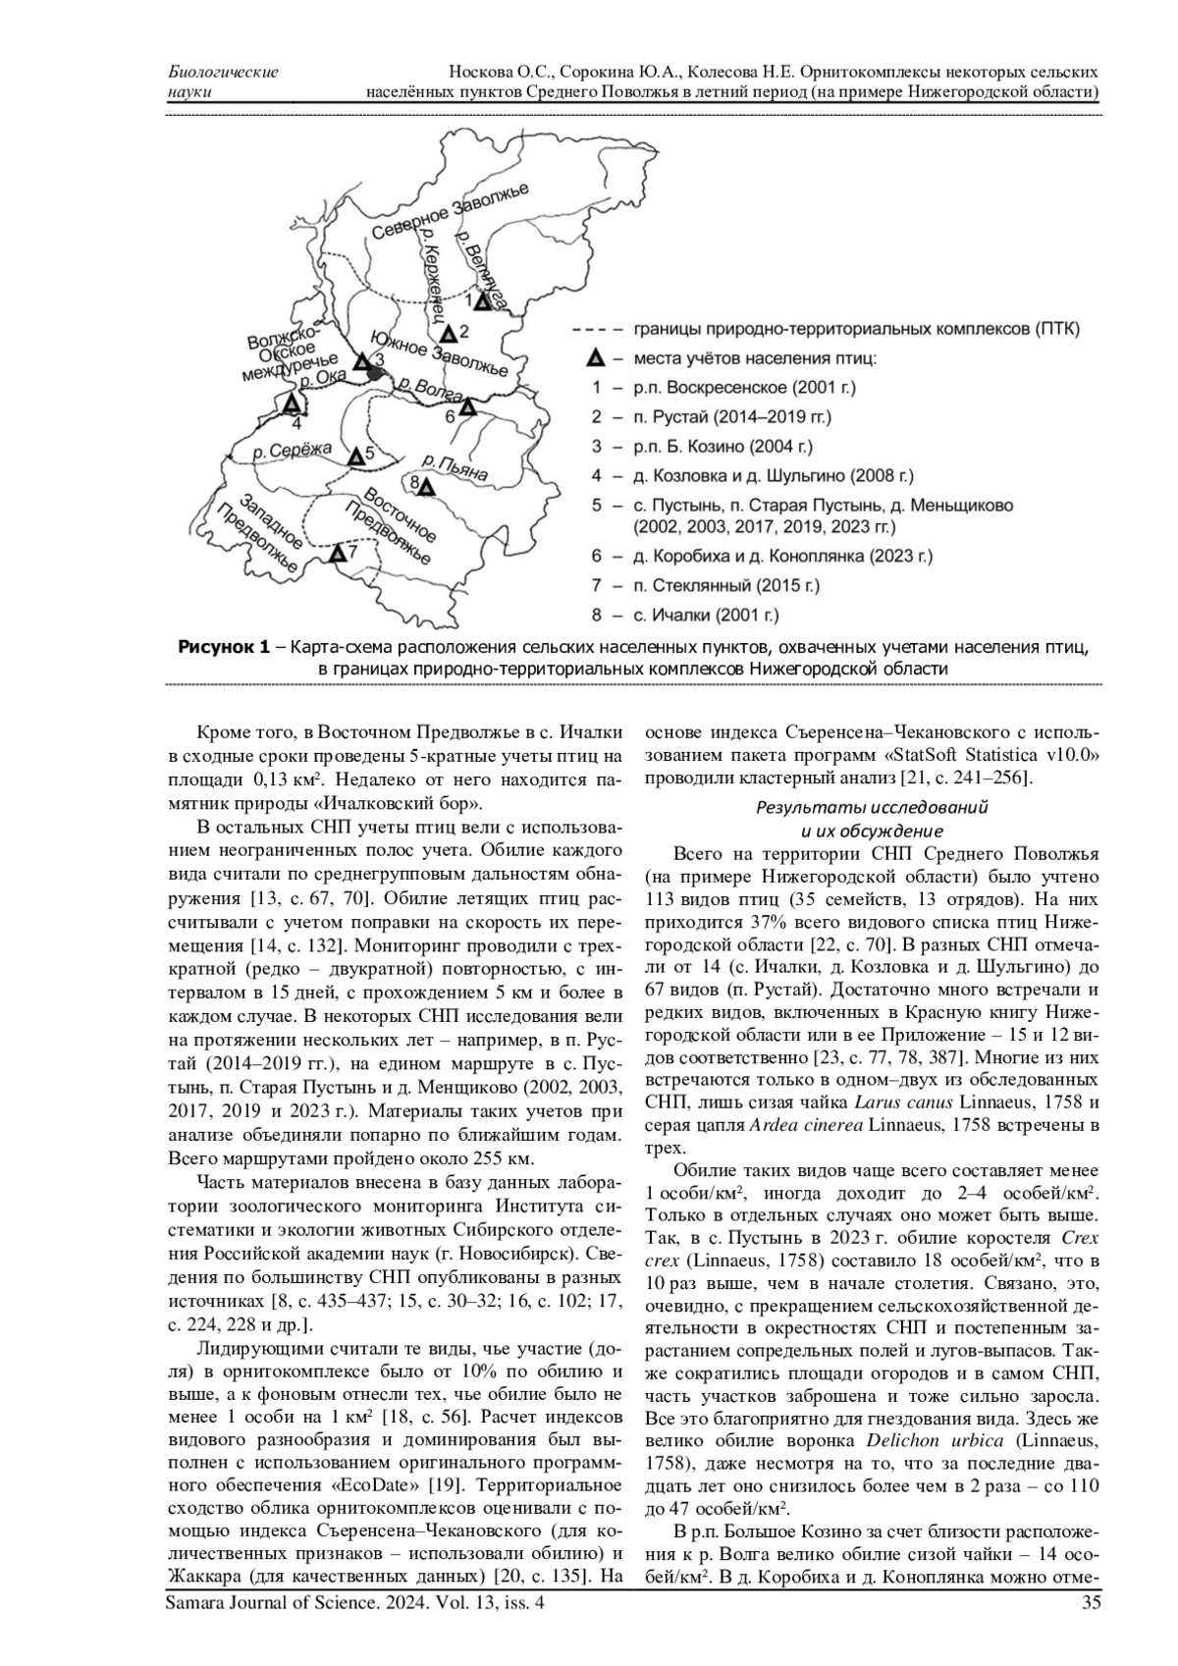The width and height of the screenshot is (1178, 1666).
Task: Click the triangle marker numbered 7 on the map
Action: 338,554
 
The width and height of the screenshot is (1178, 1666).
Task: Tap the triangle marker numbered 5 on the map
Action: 356,456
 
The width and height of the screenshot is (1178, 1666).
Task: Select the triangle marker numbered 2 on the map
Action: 448,333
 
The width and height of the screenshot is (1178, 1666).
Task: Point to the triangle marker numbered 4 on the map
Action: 291,403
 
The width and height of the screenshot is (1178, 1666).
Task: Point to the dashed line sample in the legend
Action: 594,329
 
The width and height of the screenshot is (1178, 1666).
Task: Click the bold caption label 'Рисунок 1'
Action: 222,647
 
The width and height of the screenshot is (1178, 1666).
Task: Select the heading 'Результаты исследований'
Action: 871,807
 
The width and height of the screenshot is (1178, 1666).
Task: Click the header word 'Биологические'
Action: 224,73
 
